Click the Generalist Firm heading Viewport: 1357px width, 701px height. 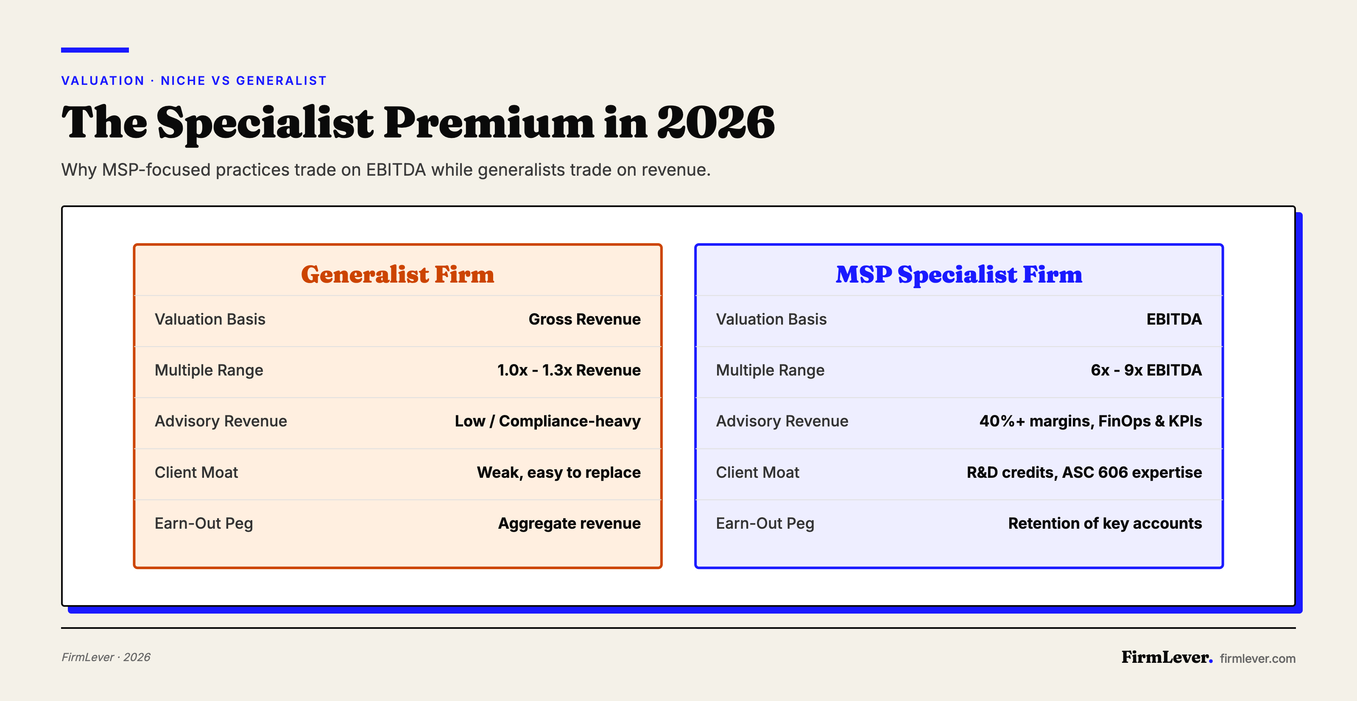397,274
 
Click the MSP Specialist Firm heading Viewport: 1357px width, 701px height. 958,274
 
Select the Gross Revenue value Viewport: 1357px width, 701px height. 584,320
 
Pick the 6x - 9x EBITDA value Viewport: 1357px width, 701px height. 1146,370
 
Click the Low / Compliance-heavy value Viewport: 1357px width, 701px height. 547,421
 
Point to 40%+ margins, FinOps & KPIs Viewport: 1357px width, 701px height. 1090,421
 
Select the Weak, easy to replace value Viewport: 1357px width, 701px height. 558,472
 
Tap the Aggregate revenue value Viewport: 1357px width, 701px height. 569,523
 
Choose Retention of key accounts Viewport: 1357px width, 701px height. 1105,523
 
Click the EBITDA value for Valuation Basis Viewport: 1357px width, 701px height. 1174,320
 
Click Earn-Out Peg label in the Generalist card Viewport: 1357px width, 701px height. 204,523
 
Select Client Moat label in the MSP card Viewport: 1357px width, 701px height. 757,472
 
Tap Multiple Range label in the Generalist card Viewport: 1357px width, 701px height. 209,370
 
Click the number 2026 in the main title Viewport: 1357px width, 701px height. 715,122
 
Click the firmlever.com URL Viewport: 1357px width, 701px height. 1257,658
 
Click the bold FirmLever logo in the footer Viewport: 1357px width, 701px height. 1166,657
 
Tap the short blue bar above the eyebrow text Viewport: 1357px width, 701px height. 95,50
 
